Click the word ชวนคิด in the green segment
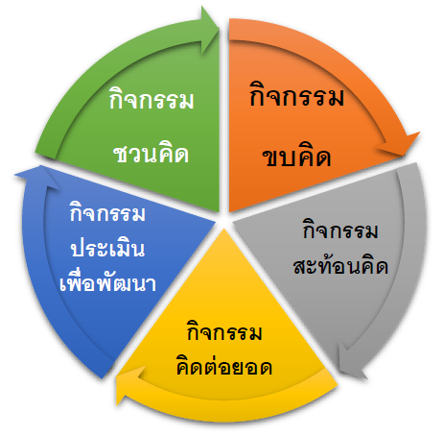(x=152, y=155)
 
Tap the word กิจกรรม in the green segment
(x=152, y=98)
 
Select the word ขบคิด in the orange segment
(x=296, y=156)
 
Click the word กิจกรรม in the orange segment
(x=297, y=94)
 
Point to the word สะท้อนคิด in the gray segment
(x=340, y=266)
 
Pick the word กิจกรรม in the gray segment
(x=340, y=230)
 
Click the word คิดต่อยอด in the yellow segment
(x=224, y=366)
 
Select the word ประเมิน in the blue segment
(x=107, y=247)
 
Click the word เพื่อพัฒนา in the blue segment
(x=107, y=281)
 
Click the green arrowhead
(x=210, y=30)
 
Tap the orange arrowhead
(x=400, y=145)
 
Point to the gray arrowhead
(x=352, y=363)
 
